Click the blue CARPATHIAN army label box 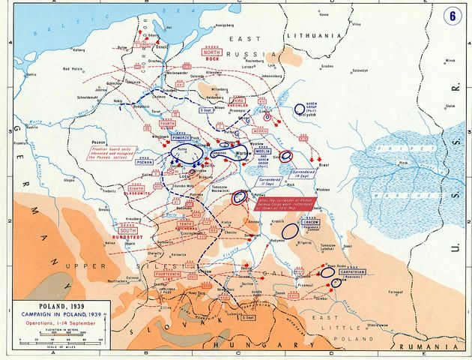(351, 271)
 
